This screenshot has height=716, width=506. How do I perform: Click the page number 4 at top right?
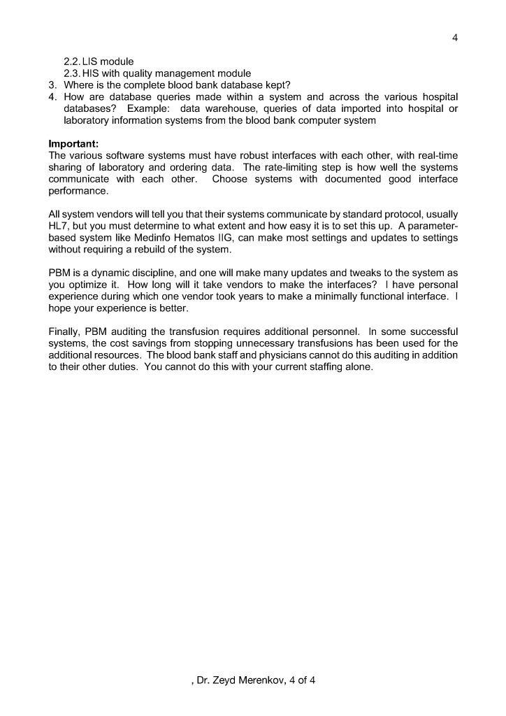(x=455, y=38)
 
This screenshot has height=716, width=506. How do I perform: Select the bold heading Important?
(x=70, y=144)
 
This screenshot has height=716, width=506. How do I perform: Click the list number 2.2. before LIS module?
(x=72, y=62)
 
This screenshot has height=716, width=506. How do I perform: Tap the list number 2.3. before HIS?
(x=72, y=73)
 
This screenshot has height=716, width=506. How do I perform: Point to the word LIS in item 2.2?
(x=92, y=62)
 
